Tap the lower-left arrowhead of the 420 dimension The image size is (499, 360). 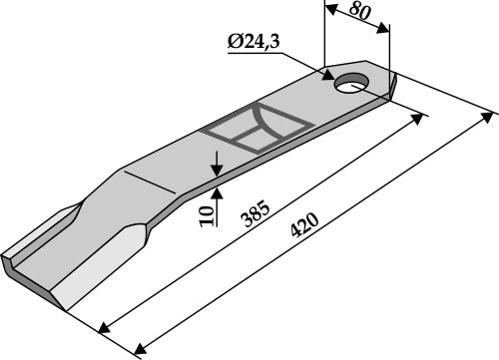[135, 352]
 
